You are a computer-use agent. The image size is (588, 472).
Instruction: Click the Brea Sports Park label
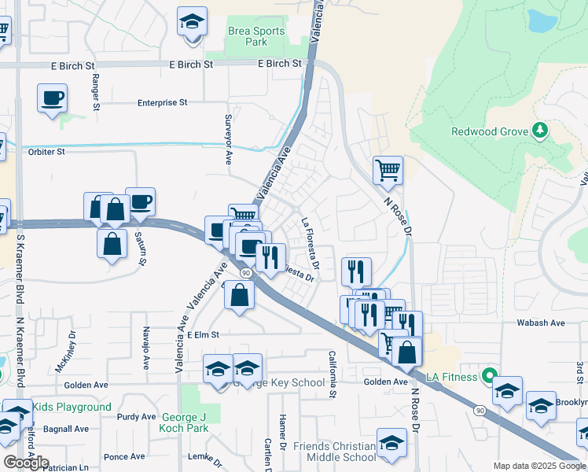point(255,37)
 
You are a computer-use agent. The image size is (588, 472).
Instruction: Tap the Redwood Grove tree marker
point(539,130)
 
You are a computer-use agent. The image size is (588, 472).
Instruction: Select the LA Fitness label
point(452,377)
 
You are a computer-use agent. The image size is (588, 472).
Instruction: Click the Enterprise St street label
point(163,102)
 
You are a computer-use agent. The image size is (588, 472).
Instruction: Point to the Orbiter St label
point(46,152)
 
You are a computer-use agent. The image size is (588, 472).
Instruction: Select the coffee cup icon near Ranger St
point(52,98)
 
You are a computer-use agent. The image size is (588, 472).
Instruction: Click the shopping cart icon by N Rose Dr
point(388,169)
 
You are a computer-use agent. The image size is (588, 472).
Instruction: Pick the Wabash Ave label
point(540,323)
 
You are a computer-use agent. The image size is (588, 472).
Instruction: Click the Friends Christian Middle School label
point(335,452)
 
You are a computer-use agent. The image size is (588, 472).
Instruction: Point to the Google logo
point(26,463)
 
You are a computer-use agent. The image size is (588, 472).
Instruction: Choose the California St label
point(333,374)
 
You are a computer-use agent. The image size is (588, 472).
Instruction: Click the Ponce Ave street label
point(124,456)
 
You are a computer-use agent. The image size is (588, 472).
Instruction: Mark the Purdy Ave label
point(137,417)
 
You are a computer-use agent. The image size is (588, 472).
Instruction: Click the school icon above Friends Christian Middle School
point(391,443)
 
